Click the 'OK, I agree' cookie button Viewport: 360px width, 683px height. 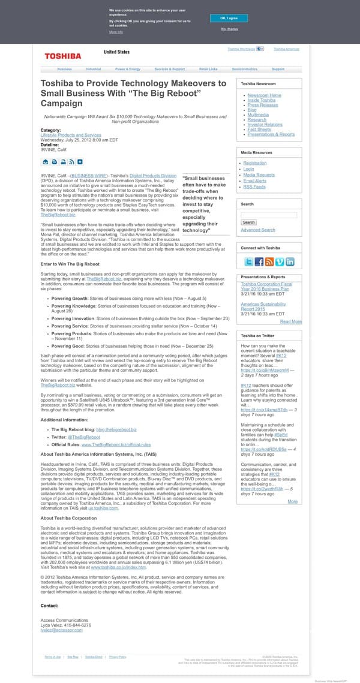(229, 19)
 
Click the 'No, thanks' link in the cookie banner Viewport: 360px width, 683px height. (229, 29)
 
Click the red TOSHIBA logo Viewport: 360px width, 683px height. (62, 56)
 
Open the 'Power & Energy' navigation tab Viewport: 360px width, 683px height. (128, 70)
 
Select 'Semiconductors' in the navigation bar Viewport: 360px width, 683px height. (244, 70)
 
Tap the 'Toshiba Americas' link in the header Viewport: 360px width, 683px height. (286, 49)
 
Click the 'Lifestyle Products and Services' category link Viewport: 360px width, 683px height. (71, 136)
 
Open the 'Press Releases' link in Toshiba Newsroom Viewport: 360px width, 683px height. (263, 105)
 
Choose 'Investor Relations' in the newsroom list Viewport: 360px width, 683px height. (265, 124)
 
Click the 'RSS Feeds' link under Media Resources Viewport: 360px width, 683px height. (254, 186)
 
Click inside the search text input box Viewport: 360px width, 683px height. (268, 215)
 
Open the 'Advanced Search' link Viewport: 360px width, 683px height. (258, 230)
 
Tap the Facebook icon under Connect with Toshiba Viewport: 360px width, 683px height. (259, 261)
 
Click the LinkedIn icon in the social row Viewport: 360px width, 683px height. (290, 261)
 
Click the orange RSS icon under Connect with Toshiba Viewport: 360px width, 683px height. (269, 261)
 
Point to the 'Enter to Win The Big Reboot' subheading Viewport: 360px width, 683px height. (70, 264)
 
